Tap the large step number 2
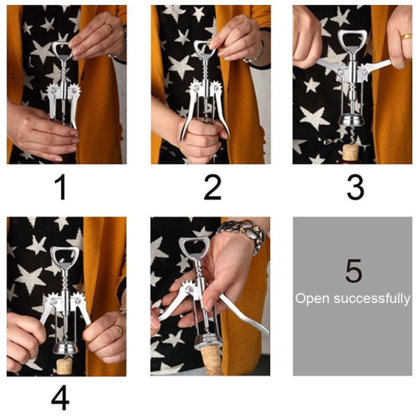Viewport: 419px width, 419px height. [x=213, y=187]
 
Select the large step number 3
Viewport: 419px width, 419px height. [x=356, y=187]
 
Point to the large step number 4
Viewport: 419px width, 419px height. [x=60, y=397]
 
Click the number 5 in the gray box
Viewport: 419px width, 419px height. [x=354, y=270]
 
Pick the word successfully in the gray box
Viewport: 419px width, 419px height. [x=372, y=299]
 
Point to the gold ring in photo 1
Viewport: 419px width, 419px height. [x=108, y=27]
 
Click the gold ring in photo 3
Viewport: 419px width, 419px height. [x=406, y=36]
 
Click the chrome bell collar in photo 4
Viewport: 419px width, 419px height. [x=65, y=348]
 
